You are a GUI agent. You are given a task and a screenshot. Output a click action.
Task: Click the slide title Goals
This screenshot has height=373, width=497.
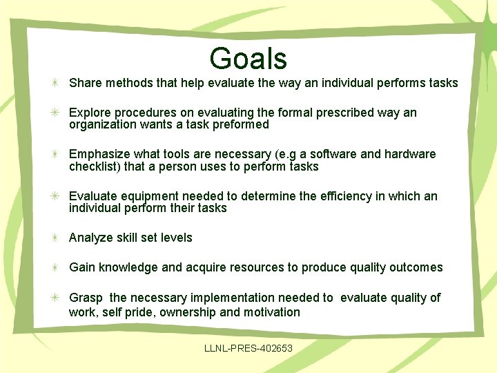tap(248, 59)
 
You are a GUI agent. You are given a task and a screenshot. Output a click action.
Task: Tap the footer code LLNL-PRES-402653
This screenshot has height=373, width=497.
tap(248, 347)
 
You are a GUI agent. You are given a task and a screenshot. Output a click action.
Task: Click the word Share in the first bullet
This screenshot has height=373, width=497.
tap(85, 83)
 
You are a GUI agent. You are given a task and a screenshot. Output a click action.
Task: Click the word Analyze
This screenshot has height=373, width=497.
tap(91, 238)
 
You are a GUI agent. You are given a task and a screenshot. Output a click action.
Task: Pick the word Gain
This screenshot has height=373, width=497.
tap(82, 267)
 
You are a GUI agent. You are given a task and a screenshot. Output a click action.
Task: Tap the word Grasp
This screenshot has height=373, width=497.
tap(86, 298)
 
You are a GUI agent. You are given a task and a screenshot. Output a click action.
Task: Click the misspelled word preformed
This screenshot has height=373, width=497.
tap(242, 125)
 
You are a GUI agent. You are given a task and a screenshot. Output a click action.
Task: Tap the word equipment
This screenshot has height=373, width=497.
tap(148, 196)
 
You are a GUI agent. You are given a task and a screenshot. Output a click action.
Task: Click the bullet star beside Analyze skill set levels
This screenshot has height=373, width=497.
tap(54, 238)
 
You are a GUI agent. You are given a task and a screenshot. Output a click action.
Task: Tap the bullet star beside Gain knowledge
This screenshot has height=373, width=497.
tap(54, 267)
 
